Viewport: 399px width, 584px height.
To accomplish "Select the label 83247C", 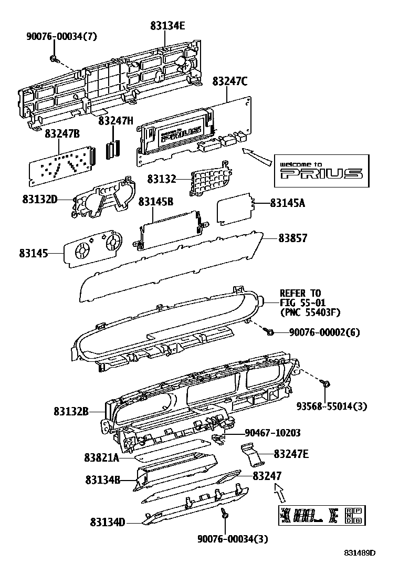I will pos(230,81).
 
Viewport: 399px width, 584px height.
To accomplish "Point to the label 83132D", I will pos(39,199).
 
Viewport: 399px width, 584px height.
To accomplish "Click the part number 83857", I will pos(293,238).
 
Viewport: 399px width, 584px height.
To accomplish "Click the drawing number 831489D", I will pos(360,552).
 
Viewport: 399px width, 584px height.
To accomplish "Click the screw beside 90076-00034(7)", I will pos(54,58).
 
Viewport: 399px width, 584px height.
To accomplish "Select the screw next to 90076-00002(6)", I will pos(270,332).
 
